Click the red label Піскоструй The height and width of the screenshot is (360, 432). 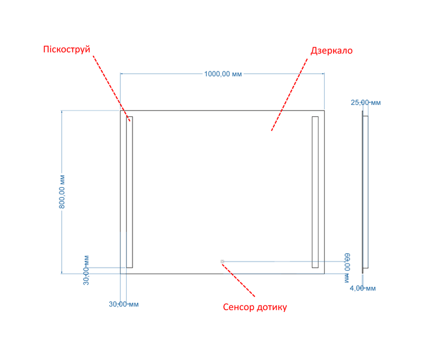tap(67, 50)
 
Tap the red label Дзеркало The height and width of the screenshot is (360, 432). tap(332, 50)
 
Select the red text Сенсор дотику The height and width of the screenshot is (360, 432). tap(255, 307)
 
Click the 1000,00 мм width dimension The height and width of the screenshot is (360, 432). tap(223, 74)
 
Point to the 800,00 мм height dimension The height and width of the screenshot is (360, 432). tap(62, 191)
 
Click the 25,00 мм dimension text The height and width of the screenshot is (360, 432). tap(365, 103)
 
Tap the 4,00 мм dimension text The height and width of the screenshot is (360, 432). tap(362, 288)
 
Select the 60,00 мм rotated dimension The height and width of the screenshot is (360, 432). tap(347, 268)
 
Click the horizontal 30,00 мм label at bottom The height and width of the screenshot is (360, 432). tap(124, 304)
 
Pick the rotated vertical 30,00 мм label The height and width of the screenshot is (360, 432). tap(86, 270)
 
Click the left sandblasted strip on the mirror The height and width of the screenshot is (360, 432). tap(130, 192)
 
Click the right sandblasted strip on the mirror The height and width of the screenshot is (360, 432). tap(315, 192)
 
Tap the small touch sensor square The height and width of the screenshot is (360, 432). tap(223, 261)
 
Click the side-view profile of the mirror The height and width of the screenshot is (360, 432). tap(365, 192)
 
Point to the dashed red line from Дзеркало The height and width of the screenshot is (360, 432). tap(290, 94)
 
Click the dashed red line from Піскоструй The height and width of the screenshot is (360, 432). tap(112, 88)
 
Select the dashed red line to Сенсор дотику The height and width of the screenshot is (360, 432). tap(238, 280)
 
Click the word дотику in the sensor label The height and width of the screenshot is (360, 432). tap(271, 307)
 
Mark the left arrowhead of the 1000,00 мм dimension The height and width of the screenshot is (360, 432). tap(122, 74)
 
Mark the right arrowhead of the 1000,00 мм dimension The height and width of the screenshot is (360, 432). tap(322, 74)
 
